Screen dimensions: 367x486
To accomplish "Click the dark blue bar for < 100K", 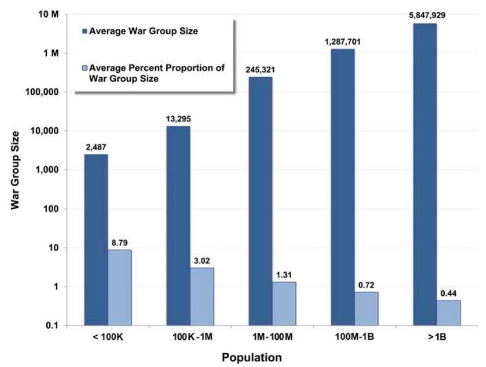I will (x=96, y=240).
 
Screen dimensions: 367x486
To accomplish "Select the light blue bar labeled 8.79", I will (x=120, y=287).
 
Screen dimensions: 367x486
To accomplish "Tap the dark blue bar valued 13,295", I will (x=178, y=225).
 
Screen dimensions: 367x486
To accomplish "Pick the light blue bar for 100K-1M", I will (x=202, y=297).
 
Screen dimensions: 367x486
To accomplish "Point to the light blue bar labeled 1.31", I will (x=284, y=304).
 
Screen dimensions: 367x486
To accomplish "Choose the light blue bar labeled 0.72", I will (x=367, y=309).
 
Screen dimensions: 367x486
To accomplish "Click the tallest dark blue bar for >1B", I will (x=425, y=174).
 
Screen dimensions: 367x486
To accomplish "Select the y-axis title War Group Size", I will (x=16, y=170).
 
